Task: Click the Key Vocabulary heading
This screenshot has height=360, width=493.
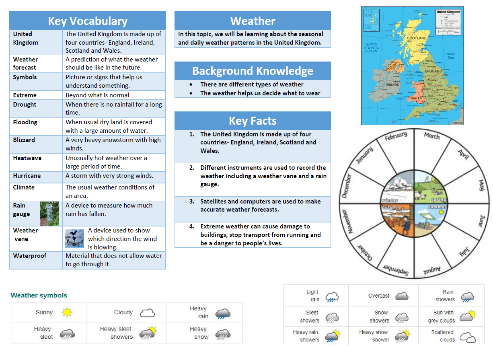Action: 87,21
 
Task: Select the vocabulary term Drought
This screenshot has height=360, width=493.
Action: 25,105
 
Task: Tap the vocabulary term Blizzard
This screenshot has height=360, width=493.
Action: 24,140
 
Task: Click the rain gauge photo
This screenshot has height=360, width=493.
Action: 49,213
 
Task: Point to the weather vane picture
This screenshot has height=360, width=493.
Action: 74,239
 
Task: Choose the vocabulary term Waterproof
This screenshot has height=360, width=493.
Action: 30,256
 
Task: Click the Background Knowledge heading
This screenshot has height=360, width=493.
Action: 253,71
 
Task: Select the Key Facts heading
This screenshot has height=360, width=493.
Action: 253,121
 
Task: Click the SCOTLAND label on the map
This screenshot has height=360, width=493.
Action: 417,38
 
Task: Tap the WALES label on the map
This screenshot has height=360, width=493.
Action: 417,98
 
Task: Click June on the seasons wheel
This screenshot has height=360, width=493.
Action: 481,221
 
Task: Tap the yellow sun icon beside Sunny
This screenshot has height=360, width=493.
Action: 67,312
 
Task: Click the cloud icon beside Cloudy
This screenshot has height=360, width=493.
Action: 147,313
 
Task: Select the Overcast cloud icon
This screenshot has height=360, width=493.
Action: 402,296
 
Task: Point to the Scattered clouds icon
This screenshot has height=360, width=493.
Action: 467,336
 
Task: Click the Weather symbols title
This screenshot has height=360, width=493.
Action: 39,295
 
